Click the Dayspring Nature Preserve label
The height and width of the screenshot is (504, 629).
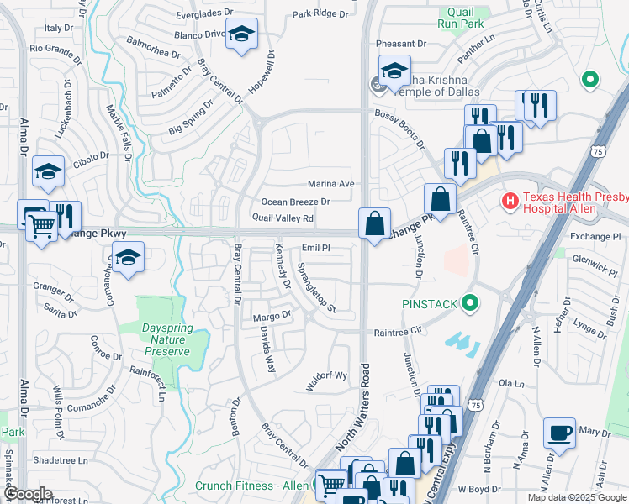point(163,330)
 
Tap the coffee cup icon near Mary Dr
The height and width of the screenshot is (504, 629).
point(559,433)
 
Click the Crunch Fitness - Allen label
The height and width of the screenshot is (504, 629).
point(252,486)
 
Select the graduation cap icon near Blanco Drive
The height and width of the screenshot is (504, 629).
point(242,34)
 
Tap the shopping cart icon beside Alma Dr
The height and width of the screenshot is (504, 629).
point(41,223)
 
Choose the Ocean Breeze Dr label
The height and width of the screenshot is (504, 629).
point(295,202)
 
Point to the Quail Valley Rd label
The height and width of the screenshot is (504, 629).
point(283,218)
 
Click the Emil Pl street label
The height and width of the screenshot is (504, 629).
point(315,249)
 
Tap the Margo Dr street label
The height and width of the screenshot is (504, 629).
point(272,317)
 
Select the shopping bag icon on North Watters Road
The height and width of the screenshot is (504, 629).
point(375,223)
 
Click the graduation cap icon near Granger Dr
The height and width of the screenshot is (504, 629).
point(128,257)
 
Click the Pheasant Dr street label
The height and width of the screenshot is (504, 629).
point(401,44)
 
